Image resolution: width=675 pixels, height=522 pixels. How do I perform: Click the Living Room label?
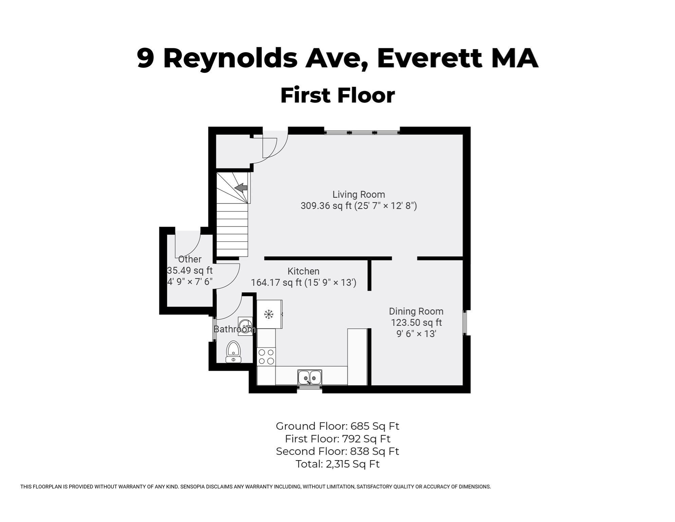(359, 194)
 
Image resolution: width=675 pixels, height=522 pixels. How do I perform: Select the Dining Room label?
(416, 311)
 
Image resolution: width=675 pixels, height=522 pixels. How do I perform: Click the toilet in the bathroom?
(233, 352)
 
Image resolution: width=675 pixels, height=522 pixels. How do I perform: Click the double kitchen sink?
(310, 377)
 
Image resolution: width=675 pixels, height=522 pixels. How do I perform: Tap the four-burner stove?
(266, 356)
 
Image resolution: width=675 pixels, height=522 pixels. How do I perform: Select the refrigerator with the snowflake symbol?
(269, 314)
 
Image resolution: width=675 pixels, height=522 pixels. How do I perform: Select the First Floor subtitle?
(337, 95)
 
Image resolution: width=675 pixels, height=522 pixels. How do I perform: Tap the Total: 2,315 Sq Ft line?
(337, 464)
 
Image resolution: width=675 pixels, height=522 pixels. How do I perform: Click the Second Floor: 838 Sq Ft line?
(337, 451)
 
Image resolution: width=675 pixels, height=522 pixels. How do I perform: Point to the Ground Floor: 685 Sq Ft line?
(337, 426)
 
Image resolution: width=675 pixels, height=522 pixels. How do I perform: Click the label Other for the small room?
(190, 259)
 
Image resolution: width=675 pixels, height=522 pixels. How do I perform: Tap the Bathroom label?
(234, 329)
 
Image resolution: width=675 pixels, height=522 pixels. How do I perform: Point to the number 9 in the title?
(146, 58)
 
